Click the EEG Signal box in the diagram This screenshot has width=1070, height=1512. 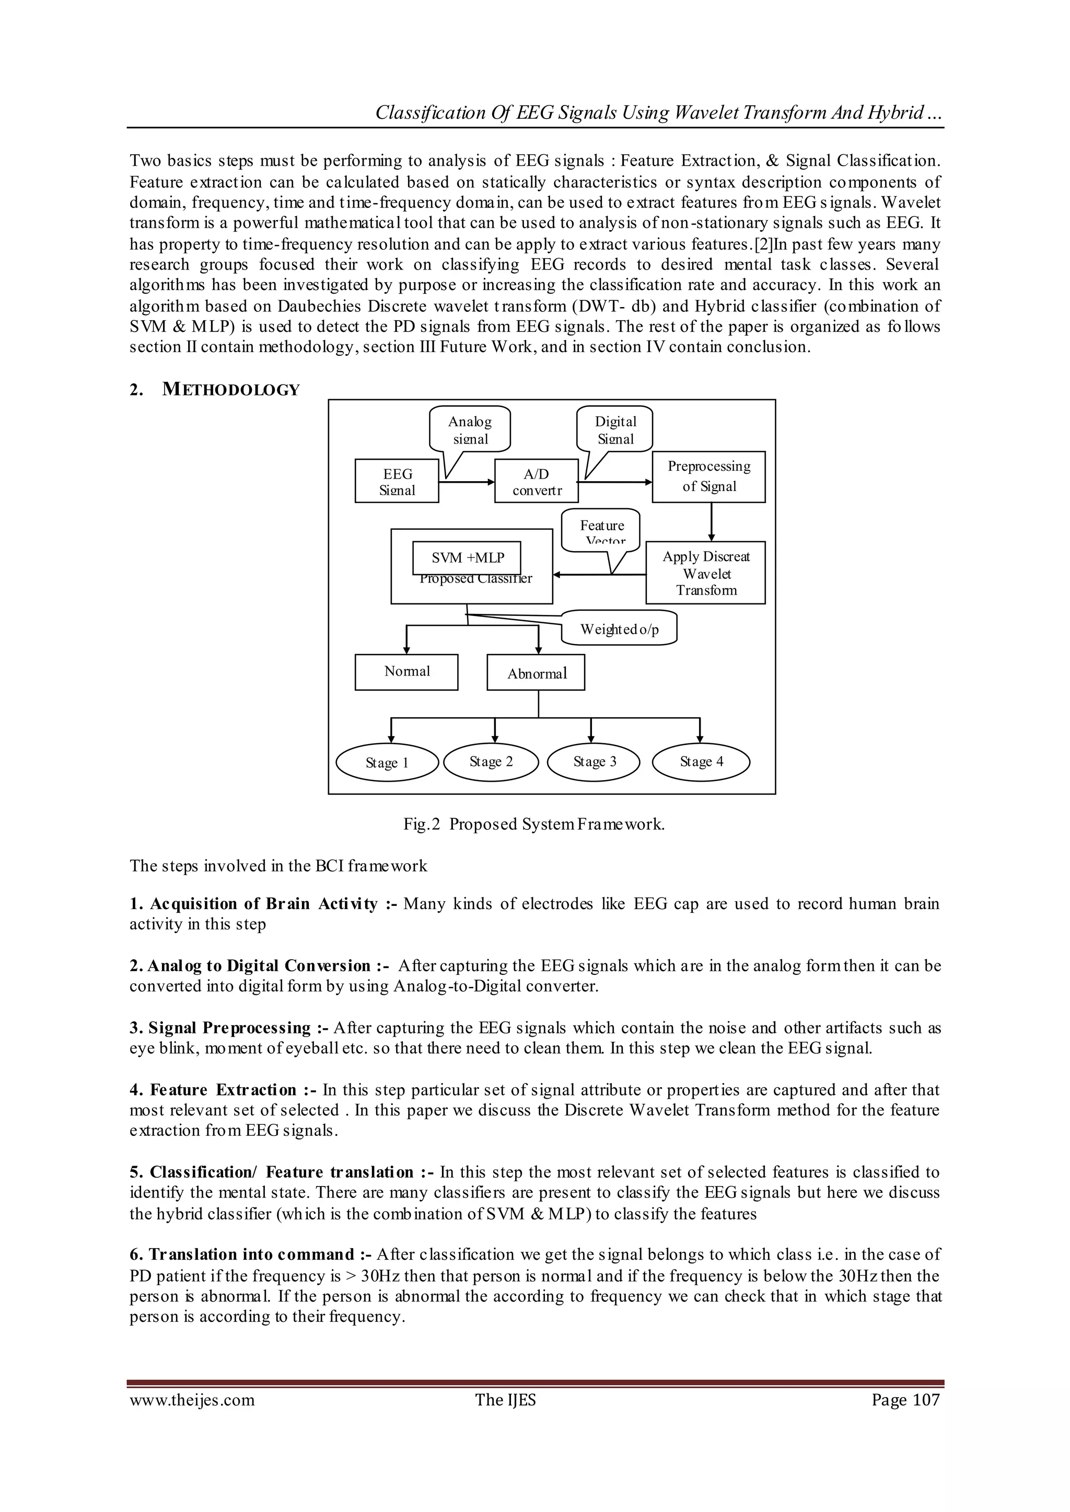[397, 482]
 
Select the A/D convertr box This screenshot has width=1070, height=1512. [537, 482]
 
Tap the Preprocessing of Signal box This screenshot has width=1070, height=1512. [708, 476]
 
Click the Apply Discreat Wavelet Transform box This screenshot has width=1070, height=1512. [706, 573]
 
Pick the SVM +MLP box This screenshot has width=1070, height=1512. [467, 557]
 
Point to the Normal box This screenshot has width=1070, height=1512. [406, 671]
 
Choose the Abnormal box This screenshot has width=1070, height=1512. [536, 672]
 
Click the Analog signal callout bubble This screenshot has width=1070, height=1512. [469, 429]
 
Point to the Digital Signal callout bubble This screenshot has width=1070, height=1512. [615, 429]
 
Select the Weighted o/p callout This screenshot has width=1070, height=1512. [619, 629]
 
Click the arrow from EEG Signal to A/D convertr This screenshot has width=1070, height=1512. [467, 482]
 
